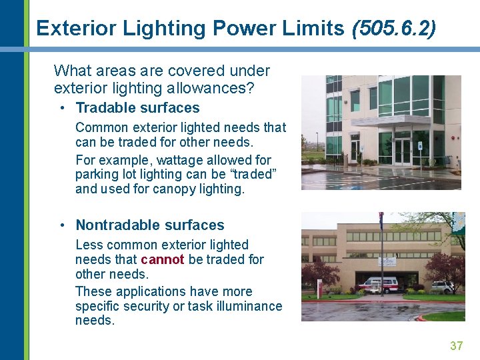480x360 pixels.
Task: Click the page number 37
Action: [457, 345]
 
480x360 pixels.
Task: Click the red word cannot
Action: [162, 259]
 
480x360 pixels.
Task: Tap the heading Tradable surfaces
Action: [137, 108]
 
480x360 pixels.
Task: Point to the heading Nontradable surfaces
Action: [150, 225]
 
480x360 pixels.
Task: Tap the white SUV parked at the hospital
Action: [441, 287]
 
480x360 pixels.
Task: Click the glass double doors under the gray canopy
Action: [403, 151]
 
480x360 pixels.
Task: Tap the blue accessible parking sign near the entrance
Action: [419, 146]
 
